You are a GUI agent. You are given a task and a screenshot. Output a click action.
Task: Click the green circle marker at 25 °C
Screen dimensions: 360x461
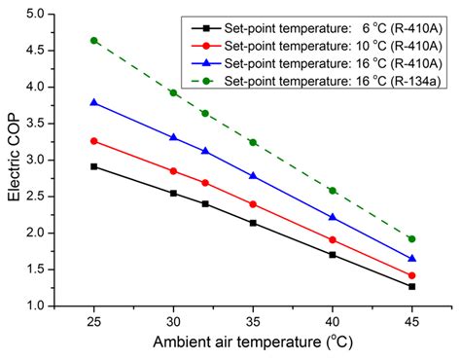coord(94,41)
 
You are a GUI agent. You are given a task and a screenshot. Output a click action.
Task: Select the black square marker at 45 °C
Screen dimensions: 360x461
coord(412,286)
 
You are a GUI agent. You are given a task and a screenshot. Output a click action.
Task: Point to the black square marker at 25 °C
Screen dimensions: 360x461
coord(94,166)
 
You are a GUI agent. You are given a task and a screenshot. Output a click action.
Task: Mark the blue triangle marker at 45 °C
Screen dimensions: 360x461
coord(412,259)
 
